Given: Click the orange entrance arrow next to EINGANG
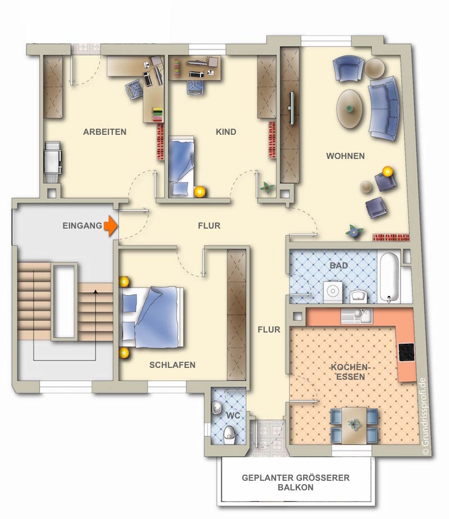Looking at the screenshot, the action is click(111, 226).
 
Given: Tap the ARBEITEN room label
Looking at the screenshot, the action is click(105, 132).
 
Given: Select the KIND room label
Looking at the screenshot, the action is click(226, 132).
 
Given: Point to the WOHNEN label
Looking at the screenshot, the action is click(346, 156).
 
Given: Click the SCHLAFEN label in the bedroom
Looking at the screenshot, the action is click(172, 365).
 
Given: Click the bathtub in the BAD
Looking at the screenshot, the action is click(390, 277).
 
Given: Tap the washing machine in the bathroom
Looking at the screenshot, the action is click(333, 292).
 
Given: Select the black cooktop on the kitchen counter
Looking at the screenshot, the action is click(406, 352).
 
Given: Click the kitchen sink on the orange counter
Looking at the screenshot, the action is click(357, 316).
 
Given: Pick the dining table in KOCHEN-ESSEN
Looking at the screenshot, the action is click(354, 425).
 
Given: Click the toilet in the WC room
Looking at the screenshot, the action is click(229, 435).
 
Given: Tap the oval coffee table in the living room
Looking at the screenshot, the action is click(349, 109).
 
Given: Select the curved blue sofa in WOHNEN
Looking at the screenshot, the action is click(384, 108).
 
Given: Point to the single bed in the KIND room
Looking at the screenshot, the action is click(181, 166).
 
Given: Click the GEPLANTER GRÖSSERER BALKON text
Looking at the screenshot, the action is click(296, 482).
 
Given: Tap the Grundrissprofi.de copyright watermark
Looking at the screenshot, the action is click(425, 416).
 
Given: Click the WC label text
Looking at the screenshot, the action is click(233, 416).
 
